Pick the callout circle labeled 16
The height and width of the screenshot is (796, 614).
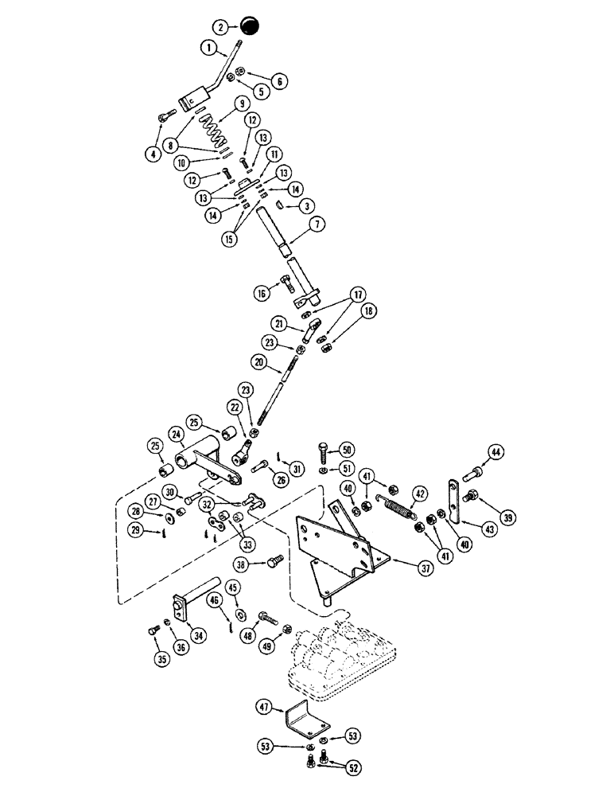[262, 293]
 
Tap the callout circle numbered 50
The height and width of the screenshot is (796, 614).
[347, 447]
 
